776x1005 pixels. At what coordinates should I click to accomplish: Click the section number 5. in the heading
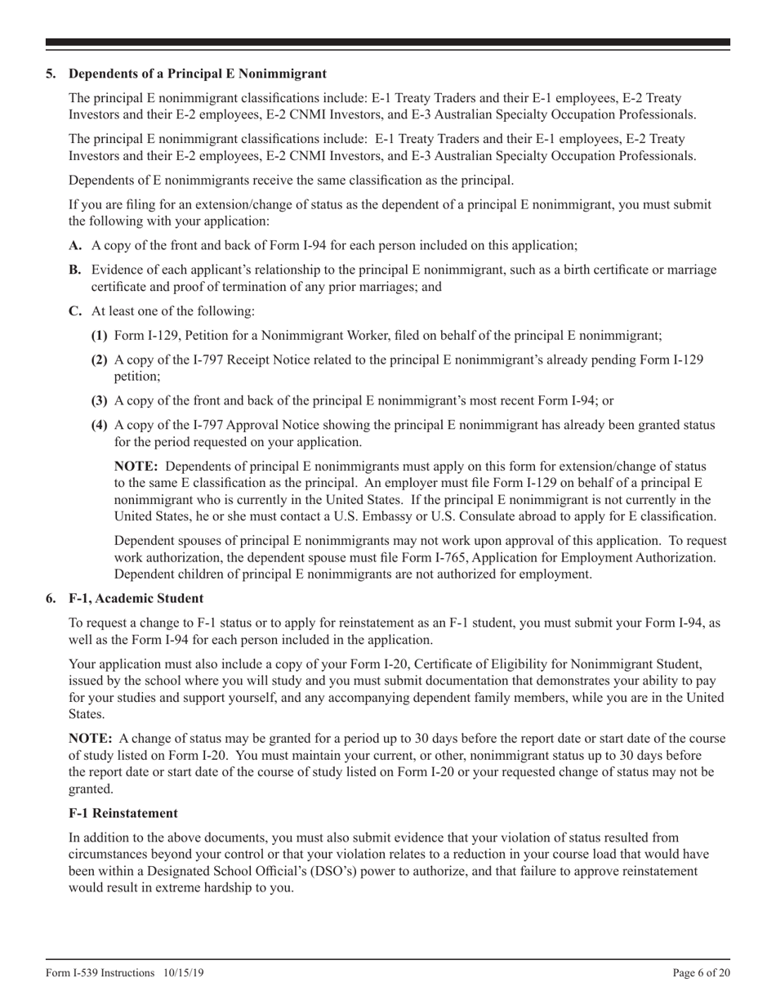[x=51, y=74]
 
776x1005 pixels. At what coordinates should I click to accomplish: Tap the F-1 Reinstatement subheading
[x=123, y=814]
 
